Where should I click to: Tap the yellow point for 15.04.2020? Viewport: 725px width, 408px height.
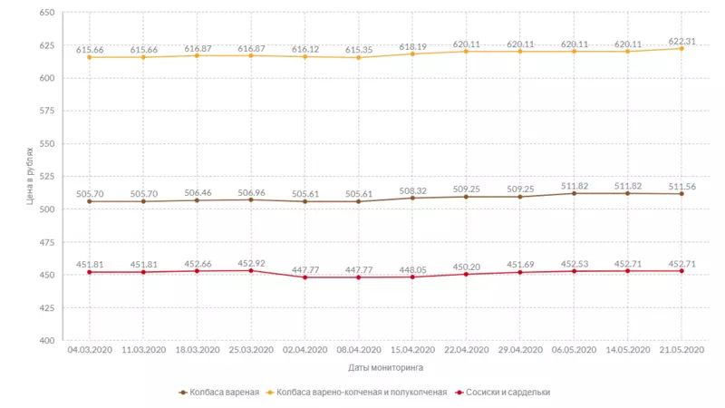click(412, 53)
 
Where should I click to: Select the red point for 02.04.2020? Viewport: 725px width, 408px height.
click(304, 277)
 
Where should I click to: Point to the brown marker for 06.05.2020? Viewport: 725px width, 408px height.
click(575, 193)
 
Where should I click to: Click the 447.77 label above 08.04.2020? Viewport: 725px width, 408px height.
click(358, 269)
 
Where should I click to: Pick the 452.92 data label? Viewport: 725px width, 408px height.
click(251, 264)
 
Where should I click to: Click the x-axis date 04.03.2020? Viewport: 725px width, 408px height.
click(90, 350)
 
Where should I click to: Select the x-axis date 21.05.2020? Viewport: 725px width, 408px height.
click(681, 350)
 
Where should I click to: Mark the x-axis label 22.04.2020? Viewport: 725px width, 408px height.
click(467, 350)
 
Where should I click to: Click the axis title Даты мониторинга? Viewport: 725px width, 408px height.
click(385, 368)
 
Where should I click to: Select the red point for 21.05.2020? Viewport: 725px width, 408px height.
click(681, 271)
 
